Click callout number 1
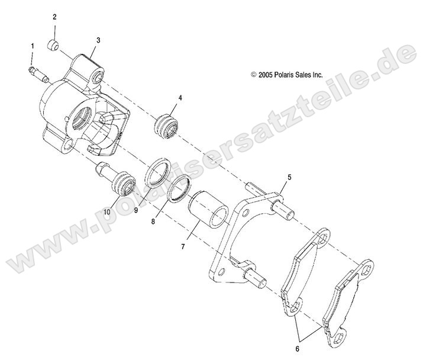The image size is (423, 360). (x=33, y=46)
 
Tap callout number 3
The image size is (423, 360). (x=98, y=40)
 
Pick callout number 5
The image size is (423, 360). (x=289, y=177)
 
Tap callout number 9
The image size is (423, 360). (x=135, y=209)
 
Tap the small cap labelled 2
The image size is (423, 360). (x=54, y=45)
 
